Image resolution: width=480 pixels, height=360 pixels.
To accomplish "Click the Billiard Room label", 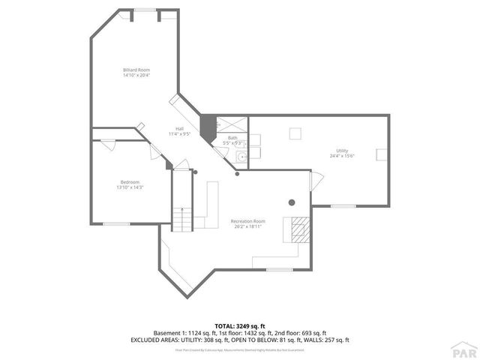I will pos(136,70).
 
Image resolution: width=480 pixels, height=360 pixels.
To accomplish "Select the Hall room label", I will pos(180,128).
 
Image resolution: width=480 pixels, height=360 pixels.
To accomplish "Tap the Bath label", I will pos(232,137).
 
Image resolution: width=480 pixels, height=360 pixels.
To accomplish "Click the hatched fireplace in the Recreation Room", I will pos(298,228).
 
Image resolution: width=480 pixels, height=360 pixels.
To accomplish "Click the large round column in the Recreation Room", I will pos(292,202).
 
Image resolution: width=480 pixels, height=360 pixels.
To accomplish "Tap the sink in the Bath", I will pos(241,157).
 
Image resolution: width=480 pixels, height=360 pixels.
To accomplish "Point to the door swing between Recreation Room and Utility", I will pos(316,181).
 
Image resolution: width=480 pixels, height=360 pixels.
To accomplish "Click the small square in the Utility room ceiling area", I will pos(295,133).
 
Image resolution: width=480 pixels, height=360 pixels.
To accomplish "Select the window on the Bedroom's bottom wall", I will pos(116,223).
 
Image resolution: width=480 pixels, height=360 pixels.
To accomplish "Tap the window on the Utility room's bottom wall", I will pos(343,205).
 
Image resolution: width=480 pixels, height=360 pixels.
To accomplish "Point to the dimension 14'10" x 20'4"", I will pos(136,75).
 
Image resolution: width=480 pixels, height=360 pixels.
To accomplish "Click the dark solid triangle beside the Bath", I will pos(208,124).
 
